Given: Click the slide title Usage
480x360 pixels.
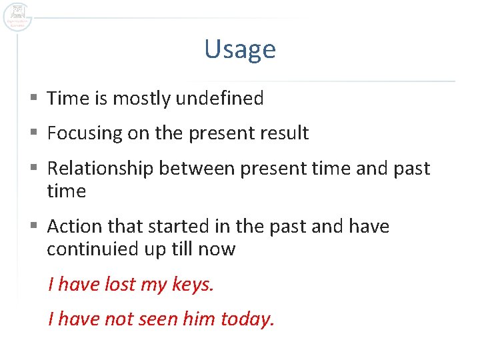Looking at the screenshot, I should point(240,49).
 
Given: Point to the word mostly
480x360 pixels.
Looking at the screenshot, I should point(141,99).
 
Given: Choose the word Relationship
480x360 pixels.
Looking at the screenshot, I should point(101,168).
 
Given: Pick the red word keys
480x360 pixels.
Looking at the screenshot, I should point(193,285).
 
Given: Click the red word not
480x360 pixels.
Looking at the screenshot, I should point(119,319).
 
